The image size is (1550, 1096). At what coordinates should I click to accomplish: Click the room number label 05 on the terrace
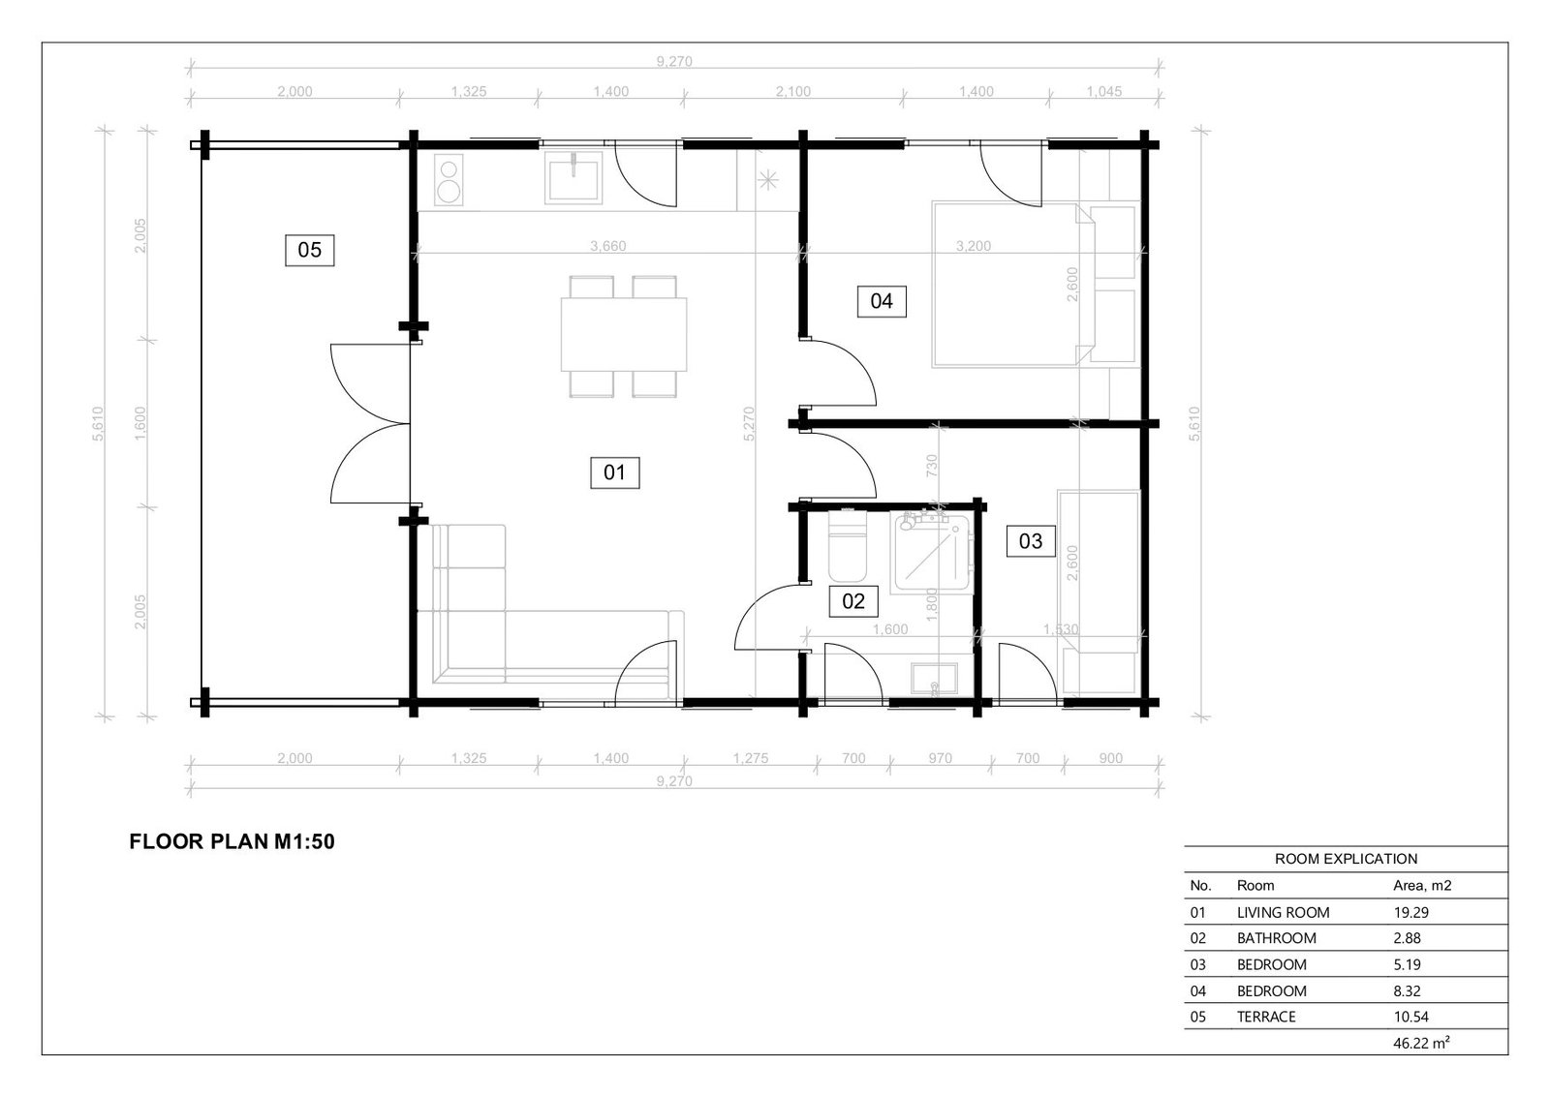pyautogui.click(x=309, y=250)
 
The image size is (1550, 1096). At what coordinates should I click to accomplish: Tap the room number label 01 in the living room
pyautogui.click(x=614, y=472)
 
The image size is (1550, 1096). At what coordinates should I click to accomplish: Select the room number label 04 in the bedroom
pyautogui.click(x=882, y=301)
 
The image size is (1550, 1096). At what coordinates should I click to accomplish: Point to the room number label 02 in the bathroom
pyautogui.click(x=853, y=601)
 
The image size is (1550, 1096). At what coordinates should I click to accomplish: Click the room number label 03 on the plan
pyautogui.click(x=1031, y=541)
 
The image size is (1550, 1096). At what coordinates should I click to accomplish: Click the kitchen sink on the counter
pyautogui.click(x=573, y=177)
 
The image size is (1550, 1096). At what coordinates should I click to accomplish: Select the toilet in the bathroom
pyautogui.click(x=847, y=546)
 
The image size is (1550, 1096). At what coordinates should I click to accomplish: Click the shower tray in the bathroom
pyautogui.click(x=933, y=552)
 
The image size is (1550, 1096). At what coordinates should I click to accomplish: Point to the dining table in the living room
pyautogui.click(x=624, y=335)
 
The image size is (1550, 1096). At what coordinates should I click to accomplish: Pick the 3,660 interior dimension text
pyautogui.click(x=608, y=246)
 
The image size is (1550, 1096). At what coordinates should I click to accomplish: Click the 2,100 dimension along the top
pyautogui.click(x=793, y=91)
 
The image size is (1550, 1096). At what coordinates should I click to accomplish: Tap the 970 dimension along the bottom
pyautogui.click(x=941, y=758)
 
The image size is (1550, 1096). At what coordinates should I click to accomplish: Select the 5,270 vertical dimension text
pyautogui.click(x=749, y=424)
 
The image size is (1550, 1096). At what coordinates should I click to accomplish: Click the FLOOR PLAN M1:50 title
pyautogui.click(x=232, y=841)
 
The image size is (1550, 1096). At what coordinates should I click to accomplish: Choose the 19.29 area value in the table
pyautogui.click(x=1410, y=912)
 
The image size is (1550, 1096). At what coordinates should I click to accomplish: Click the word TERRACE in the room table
pyautogui.click(x=1266, y=1017)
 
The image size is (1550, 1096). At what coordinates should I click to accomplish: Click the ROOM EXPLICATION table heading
pyautogui.click(x=1346, y=859)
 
